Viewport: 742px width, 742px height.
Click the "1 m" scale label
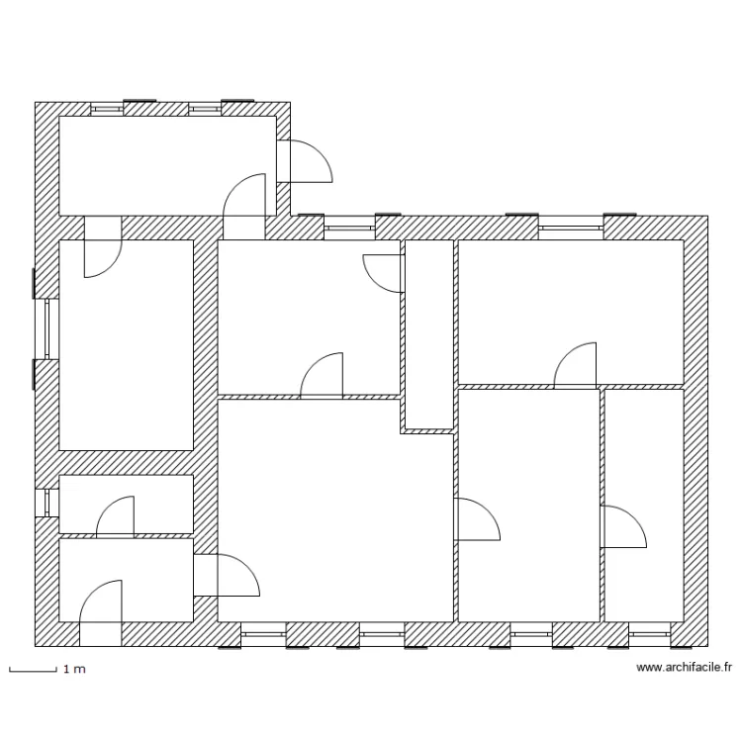pyautogui.click(x=74, y=670)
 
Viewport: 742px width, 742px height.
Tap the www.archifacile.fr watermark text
pyautogui.click(x=684, y=668)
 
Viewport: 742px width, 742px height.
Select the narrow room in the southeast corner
pyautogui.click(x=643, y=505)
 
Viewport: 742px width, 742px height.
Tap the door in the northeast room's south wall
pyautogui.click(x=576, y=365)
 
